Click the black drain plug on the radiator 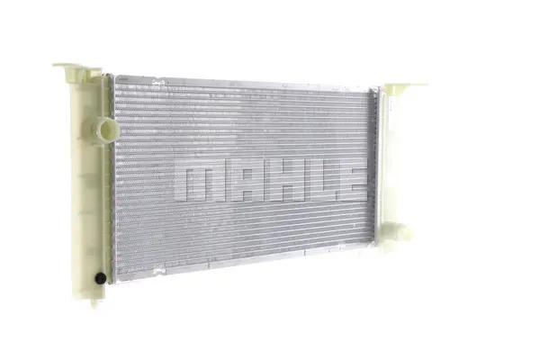(101, 278)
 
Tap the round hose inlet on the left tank (106, 130)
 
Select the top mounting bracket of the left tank (77, 70)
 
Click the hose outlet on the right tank (398, 232)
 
